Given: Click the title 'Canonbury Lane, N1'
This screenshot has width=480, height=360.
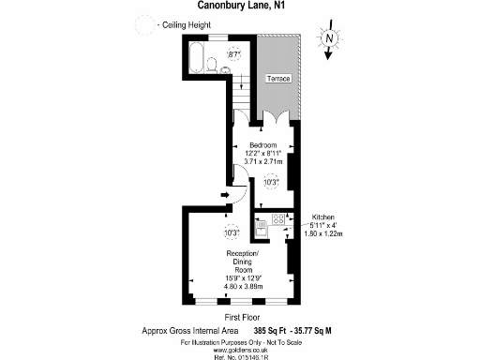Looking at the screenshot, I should (240, 8).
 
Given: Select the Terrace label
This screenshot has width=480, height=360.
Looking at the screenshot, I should (278, 77).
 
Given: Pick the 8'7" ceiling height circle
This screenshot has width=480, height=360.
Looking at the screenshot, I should (234, 57).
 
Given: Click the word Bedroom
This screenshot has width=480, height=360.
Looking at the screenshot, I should (262, 144).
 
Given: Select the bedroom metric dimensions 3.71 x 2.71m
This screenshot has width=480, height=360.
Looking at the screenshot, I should (262, 162).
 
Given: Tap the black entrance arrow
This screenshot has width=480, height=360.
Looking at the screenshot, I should (225, 195).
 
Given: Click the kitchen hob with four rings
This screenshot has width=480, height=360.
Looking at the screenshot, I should (278, 219).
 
